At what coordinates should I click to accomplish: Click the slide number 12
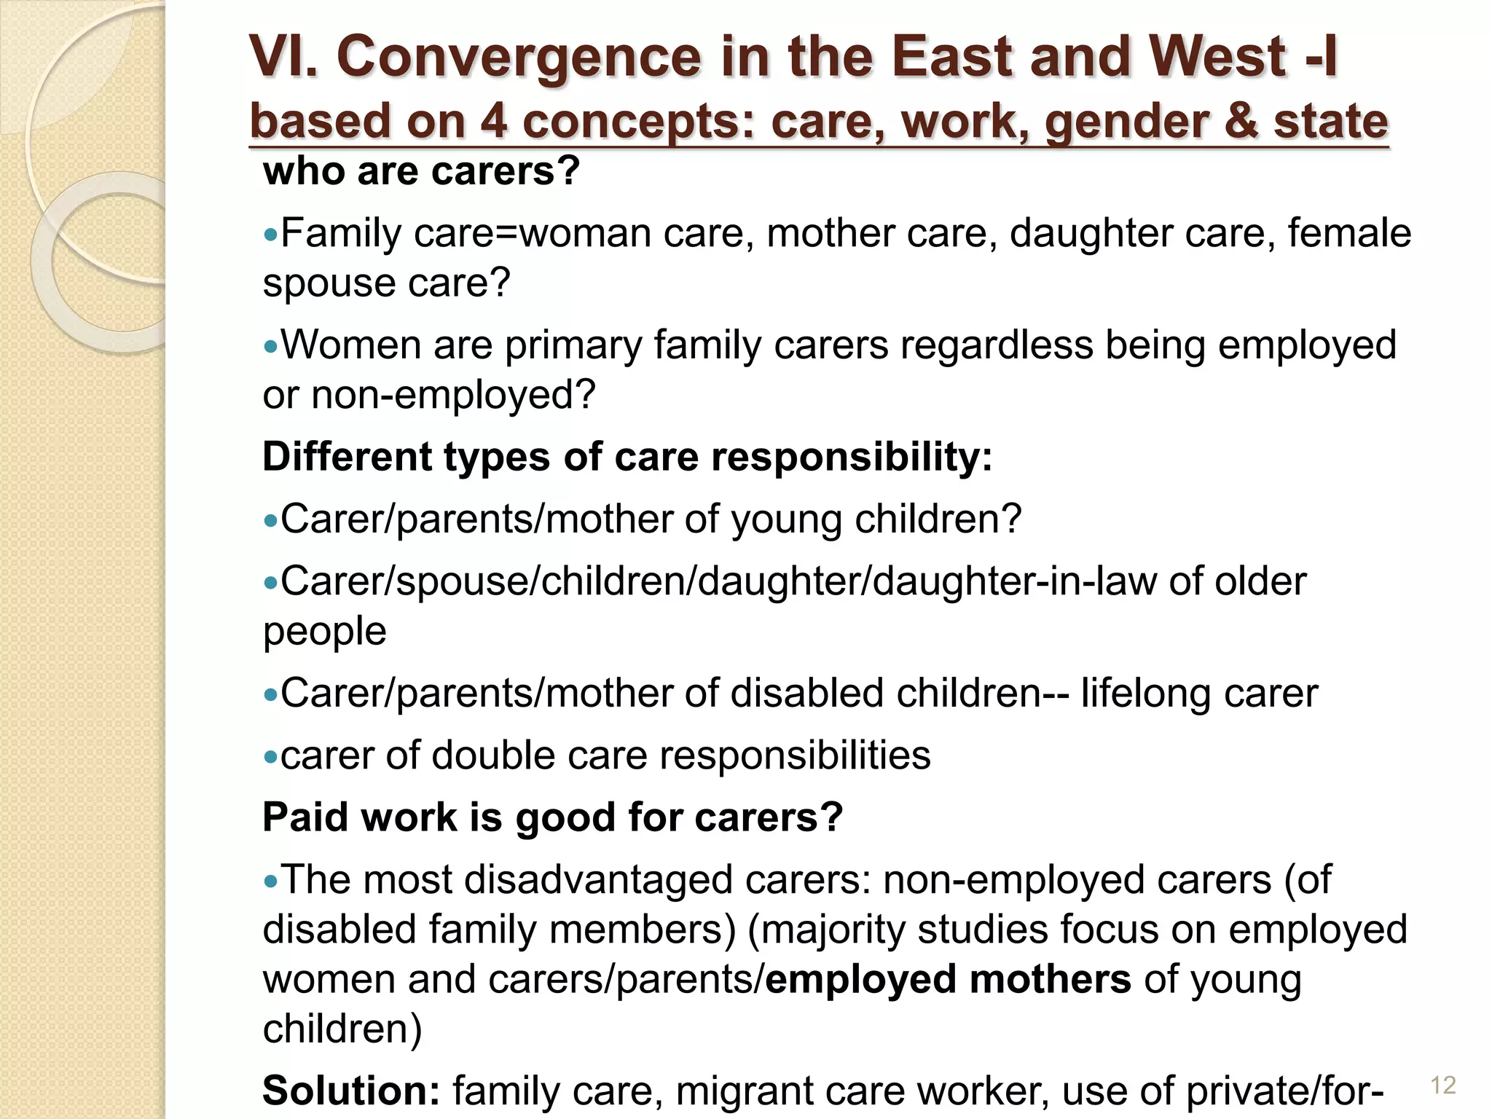(1443, 1085)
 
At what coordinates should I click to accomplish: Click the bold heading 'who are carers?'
(421, 172)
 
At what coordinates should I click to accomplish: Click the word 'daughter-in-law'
(1014, 581)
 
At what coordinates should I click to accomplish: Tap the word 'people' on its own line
(324, 632)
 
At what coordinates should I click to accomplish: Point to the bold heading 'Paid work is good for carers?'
(552, 817)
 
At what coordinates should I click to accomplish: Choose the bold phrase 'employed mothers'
(948, 979)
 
